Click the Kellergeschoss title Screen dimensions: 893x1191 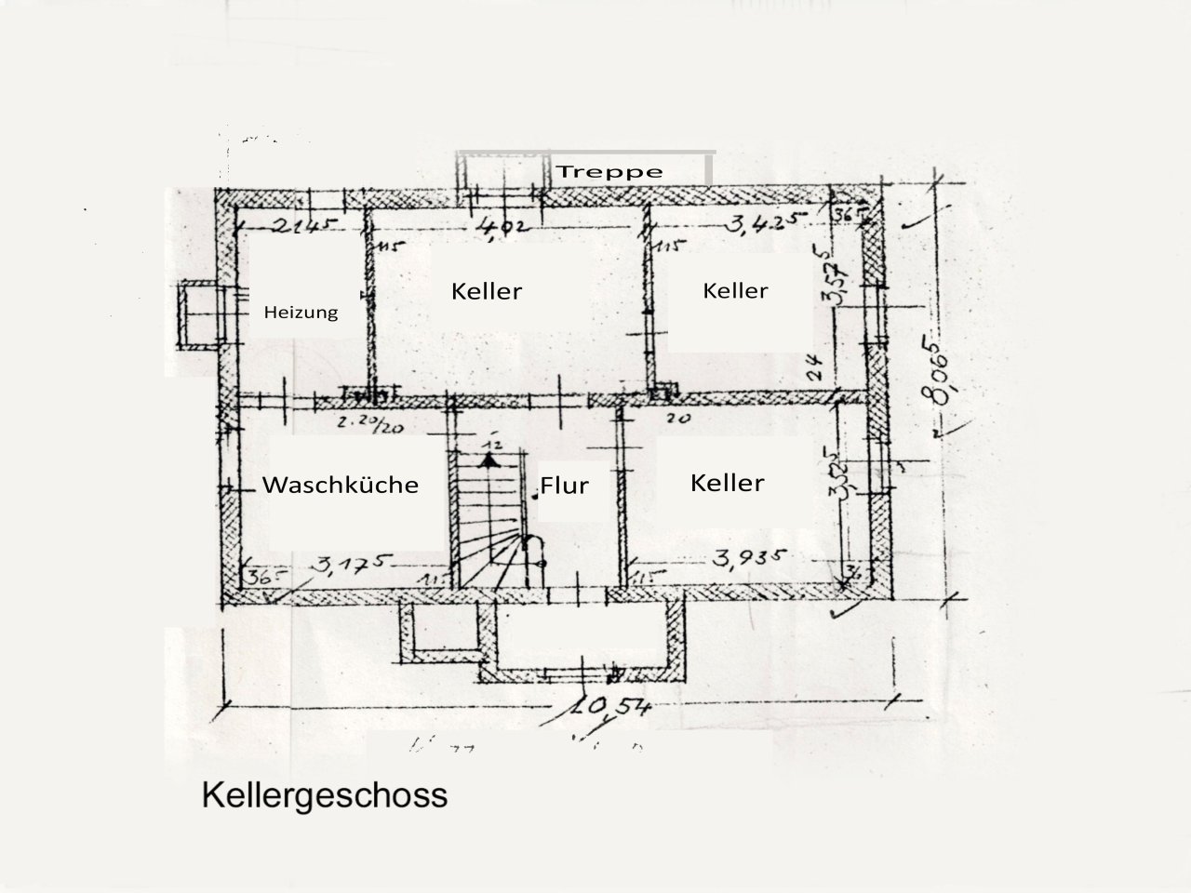[324, 796]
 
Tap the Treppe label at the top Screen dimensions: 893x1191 [609, 172]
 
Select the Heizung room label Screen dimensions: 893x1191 [301, 313]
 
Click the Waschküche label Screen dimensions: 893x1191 [340, 485]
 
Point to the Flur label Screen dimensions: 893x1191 [565, 485]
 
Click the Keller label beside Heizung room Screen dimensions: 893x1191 [487, 290]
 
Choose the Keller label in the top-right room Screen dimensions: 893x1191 [735, 290]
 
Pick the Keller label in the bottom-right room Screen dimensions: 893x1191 [727, 482]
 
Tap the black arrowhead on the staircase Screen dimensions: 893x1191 [490, 459]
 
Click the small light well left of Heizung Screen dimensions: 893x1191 [197, 315]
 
